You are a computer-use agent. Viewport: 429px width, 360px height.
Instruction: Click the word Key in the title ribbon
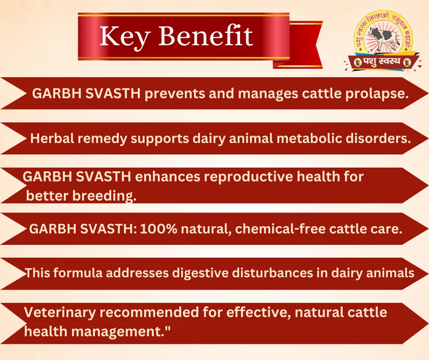125,37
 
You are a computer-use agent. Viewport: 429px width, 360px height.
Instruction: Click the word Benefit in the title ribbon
206,36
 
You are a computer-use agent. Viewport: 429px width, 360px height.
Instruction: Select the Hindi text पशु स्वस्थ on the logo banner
382,62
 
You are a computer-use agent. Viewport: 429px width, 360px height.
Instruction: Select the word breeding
104,196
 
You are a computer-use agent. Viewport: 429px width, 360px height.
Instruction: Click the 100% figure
158,228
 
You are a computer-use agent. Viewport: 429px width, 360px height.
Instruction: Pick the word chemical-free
280,228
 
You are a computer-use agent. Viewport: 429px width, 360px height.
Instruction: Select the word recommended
149,312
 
